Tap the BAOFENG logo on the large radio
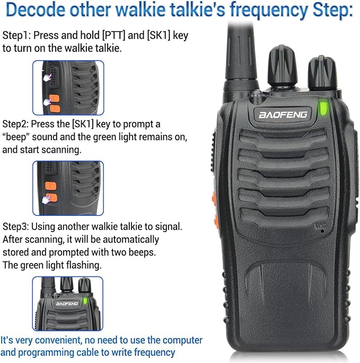[283, 114]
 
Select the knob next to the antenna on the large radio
[282, 67]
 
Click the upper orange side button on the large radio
[214, 200]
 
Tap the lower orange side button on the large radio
[217, 220]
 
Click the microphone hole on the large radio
[322, 231]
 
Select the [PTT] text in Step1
[113, 36]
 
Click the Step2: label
[15, 124]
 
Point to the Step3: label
[16, 227]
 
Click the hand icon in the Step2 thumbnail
[46, 199]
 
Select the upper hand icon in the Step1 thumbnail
[47, 78]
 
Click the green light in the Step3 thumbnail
[85, 300]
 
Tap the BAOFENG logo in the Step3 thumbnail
[67, 304]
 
